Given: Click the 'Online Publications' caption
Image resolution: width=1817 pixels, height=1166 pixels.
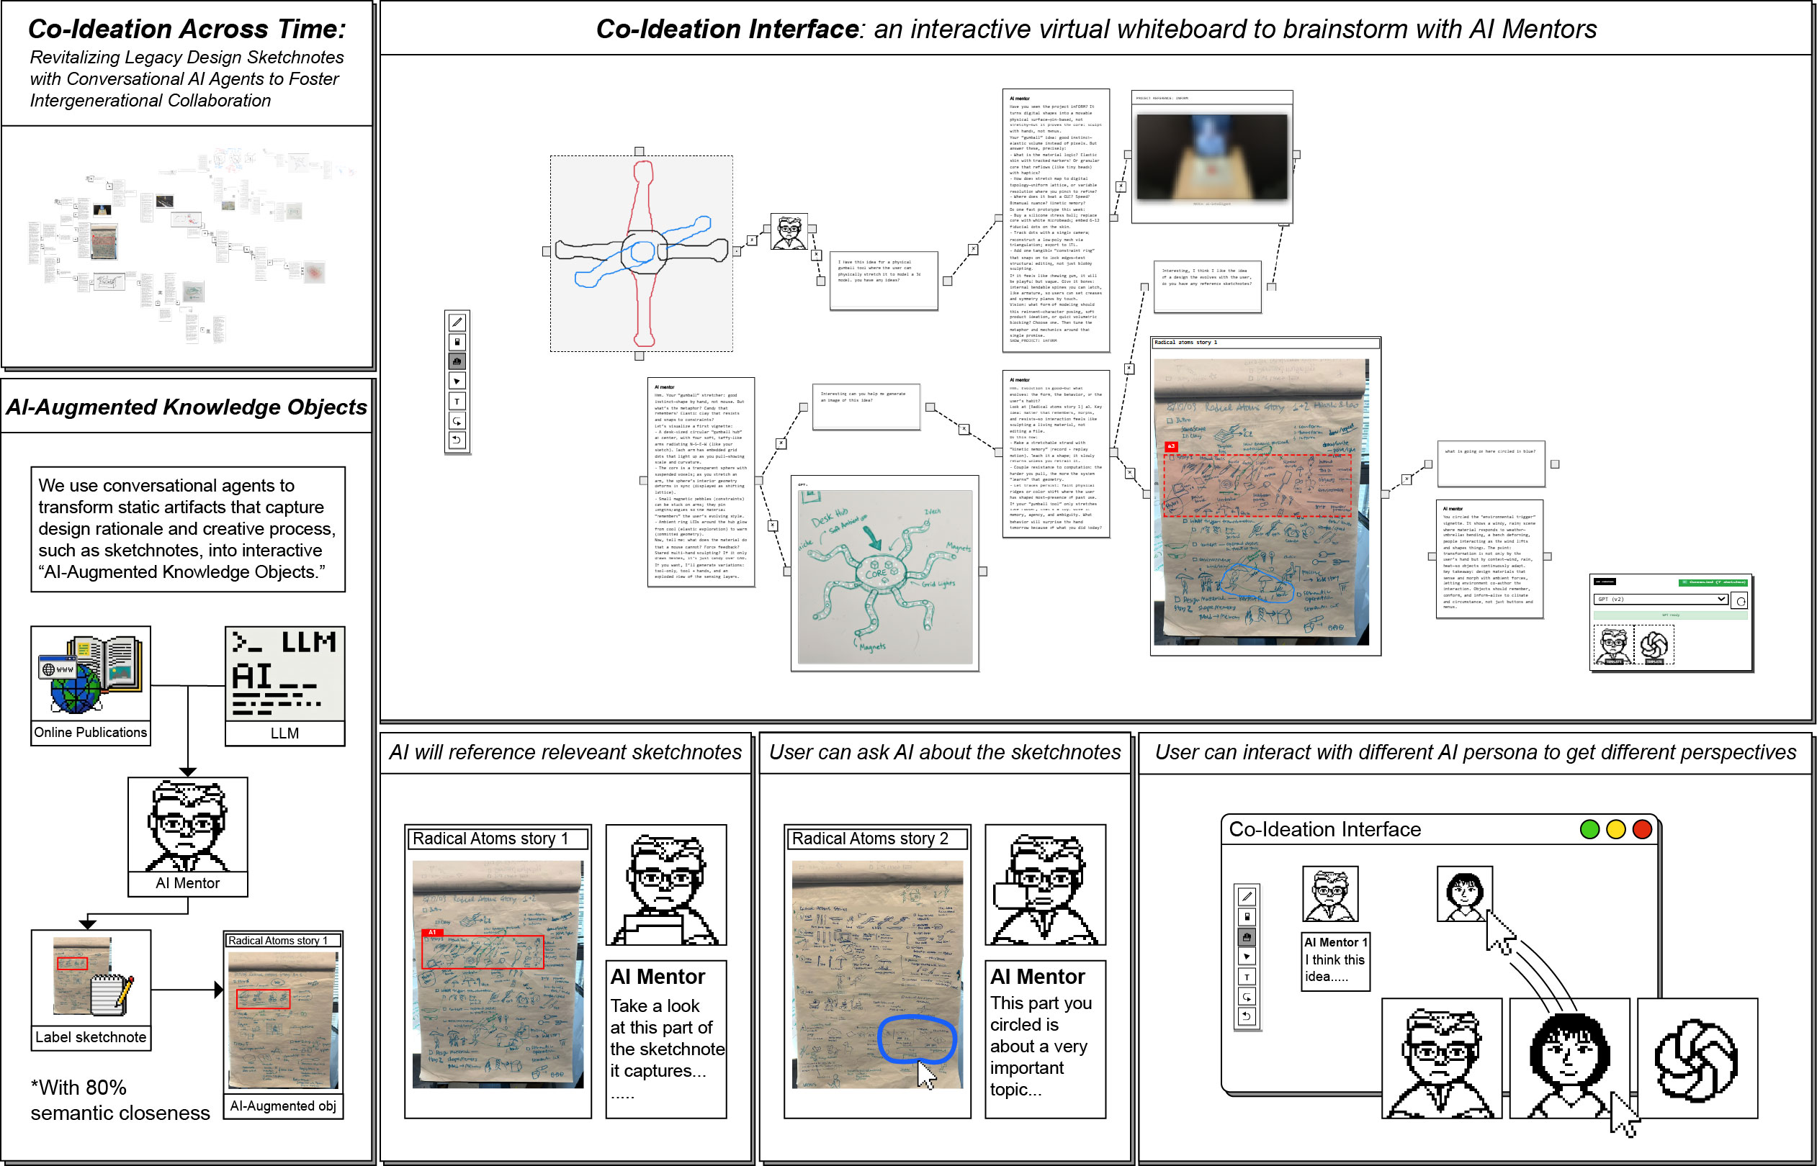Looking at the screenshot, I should (90, 732).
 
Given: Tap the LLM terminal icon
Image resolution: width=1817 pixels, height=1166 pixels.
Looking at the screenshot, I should (284, 673).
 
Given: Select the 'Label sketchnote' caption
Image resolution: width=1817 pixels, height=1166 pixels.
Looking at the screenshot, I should (90, 1036).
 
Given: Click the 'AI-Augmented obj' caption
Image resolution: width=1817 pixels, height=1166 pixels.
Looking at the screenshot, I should (282, 1106).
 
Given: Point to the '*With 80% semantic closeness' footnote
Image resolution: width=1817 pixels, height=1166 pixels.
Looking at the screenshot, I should (120, 1099).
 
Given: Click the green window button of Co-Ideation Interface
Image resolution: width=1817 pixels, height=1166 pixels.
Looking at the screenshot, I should (1589, 829).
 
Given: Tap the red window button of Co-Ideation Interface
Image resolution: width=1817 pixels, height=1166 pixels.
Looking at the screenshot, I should (1642, 829).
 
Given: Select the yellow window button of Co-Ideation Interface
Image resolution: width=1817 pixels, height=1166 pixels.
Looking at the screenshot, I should (1615, 829).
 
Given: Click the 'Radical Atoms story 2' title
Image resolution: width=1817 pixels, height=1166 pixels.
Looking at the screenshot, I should (869, 839).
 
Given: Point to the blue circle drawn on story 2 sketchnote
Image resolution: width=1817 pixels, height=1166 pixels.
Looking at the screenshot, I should (917, 1039).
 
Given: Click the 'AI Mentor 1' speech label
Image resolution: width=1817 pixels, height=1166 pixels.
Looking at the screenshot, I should (1335, 942).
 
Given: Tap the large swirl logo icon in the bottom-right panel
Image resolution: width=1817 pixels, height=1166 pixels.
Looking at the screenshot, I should (1696, 1060).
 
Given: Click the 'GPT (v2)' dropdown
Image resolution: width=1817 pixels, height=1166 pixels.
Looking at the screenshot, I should (1660, 599).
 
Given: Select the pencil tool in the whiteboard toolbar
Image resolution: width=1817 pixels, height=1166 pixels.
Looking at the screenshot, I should (457, 322).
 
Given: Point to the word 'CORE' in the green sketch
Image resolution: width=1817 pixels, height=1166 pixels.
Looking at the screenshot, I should (875, 573).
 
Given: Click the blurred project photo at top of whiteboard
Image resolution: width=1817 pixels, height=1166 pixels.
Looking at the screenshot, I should (1212, 157).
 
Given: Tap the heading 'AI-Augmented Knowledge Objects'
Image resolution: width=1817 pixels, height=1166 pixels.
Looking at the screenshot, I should (187, 407).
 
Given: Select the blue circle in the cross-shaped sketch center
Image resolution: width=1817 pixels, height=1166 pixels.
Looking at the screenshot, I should (642, 251).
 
